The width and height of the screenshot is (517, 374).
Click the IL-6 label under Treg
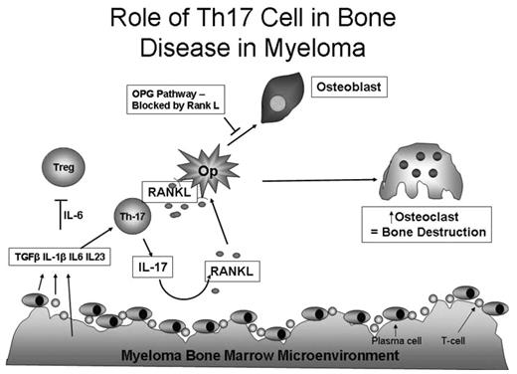click(71, 214)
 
